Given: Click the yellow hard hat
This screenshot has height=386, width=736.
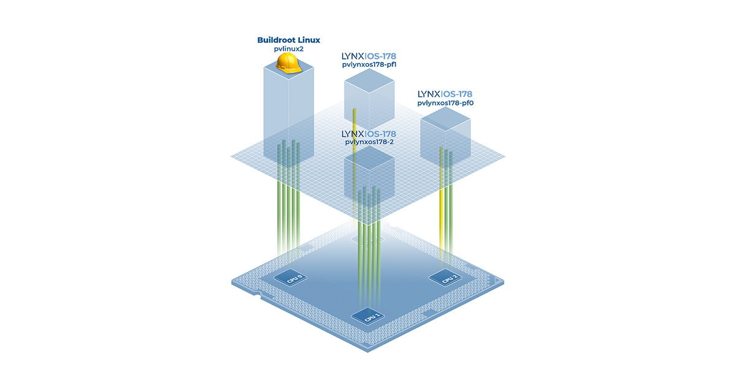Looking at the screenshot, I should [x=288, y=62].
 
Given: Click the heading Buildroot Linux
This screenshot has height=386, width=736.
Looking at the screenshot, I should [x=288, y=40].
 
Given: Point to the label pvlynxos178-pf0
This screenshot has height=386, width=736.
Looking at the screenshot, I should [x=445, y=104].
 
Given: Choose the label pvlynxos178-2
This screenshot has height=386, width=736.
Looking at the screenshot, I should [x=369, y=142].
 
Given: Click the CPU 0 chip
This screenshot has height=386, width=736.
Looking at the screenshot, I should [x=289, y=279].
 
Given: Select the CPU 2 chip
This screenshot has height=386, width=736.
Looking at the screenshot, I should [x=447, y=279].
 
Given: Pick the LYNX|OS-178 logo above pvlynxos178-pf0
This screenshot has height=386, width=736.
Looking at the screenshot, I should [x=445, y=94].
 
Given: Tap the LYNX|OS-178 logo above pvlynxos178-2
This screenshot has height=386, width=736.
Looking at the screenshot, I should [x=369, y=134].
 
